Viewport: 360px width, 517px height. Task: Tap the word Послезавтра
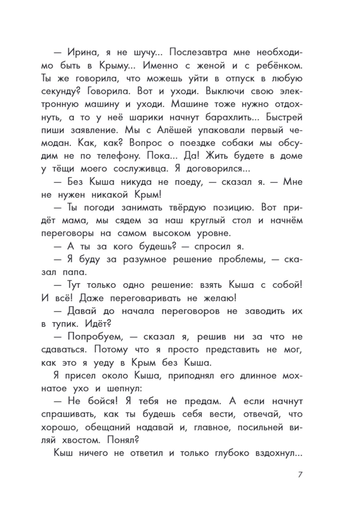198,53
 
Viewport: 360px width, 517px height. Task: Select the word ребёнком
276,66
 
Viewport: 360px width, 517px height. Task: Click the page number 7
300,475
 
